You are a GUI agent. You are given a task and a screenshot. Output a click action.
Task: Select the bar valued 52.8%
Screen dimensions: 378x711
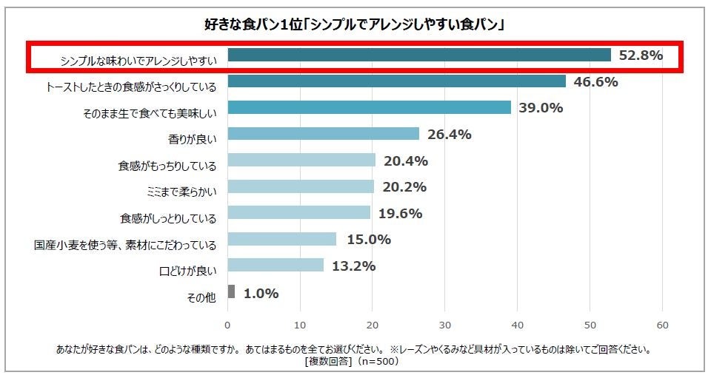(419, 55)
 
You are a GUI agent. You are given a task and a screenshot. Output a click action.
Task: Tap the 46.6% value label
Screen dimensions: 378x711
(595, 81)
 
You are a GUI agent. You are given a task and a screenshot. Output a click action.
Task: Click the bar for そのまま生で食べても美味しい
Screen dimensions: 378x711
(369, 107)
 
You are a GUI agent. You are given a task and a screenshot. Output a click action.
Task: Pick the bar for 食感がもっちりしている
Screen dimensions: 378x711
(301, 161)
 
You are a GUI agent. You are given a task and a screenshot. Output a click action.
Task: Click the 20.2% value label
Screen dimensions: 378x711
(403, 187)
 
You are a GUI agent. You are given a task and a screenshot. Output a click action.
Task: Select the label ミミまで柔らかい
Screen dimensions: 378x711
(181, 191)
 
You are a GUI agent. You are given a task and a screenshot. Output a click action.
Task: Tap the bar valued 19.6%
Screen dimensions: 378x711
(298, 213)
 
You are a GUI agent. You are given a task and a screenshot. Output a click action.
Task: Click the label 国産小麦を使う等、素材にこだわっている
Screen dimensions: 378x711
(125, 244)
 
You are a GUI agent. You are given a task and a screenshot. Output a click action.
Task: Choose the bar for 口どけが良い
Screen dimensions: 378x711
(276, 265)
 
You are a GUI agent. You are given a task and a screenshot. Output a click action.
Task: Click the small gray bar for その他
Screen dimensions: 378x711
(231, 291)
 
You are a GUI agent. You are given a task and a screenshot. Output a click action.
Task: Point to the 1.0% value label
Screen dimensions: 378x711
(261, 293)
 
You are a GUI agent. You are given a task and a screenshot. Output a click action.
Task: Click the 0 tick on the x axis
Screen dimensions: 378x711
(227, 325)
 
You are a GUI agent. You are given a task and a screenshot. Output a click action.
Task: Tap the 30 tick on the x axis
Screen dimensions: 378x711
(445, 325)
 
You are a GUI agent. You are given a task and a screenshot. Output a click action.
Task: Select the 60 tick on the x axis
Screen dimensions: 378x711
(663, 325)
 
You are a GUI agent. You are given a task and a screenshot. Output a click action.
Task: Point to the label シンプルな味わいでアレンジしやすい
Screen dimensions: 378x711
(138, 60)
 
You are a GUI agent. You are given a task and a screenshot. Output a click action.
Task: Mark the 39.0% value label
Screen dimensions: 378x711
(540, 108)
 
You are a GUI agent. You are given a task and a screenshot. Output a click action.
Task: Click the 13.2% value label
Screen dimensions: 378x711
(353, 266)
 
